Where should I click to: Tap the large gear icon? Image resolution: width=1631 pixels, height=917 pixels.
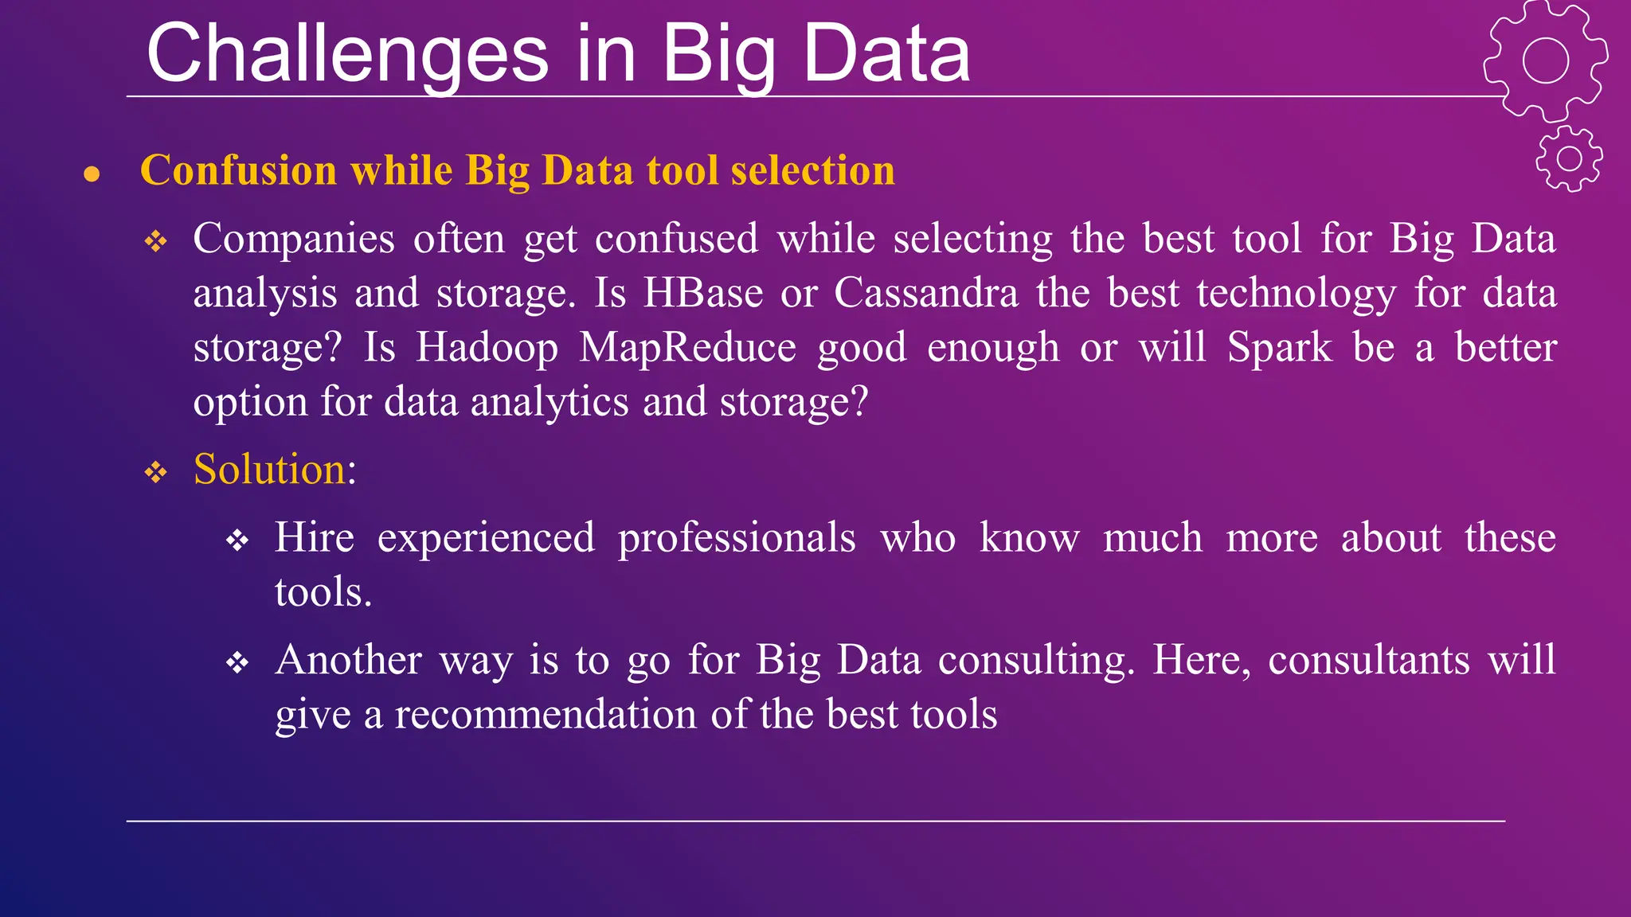(1545, 60)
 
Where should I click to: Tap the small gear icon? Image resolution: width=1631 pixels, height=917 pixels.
(1569, 158)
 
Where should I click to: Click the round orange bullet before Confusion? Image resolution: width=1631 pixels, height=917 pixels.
(92, 174)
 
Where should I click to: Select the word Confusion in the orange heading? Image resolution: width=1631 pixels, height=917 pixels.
(239, 170)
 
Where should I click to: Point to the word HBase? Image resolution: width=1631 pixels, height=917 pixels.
(703, 293)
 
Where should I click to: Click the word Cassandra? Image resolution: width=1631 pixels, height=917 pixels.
(926, 293)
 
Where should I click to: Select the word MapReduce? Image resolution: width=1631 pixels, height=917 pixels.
(687, 347)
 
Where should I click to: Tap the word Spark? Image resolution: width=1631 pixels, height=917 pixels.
(1279, 347)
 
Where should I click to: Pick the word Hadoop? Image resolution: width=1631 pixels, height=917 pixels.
(487, 347)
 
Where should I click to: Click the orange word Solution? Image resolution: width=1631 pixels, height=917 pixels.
(269, 469)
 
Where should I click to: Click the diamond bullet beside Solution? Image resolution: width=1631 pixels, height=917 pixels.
(156, 473)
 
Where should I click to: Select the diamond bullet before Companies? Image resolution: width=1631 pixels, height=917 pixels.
(156, 241)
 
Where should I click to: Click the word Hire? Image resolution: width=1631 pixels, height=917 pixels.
(314, 537)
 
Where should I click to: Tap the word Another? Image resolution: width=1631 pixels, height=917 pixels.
(348, 660)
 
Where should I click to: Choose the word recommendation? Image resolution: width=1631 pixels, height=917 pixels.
(546, 714)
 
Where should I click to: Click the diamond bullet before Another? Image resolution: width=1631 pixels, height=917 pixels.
(237, 662)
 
